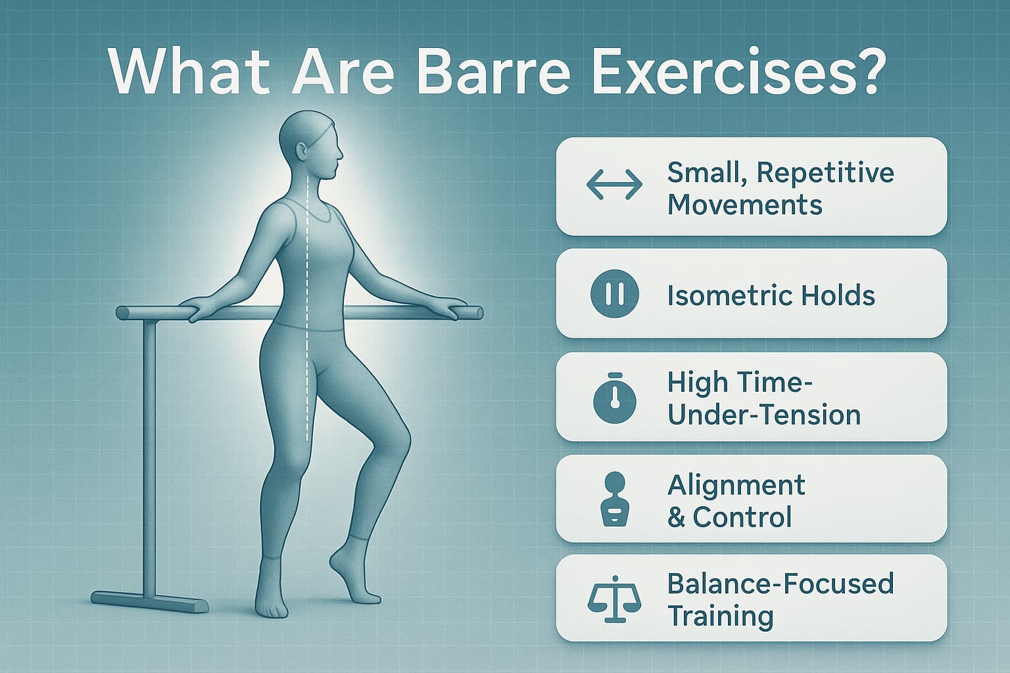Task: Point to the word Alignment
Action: coord(736,486)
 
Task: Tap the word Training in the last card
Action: coord(720,616)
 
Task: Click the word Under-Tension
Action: coord(763,415)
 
